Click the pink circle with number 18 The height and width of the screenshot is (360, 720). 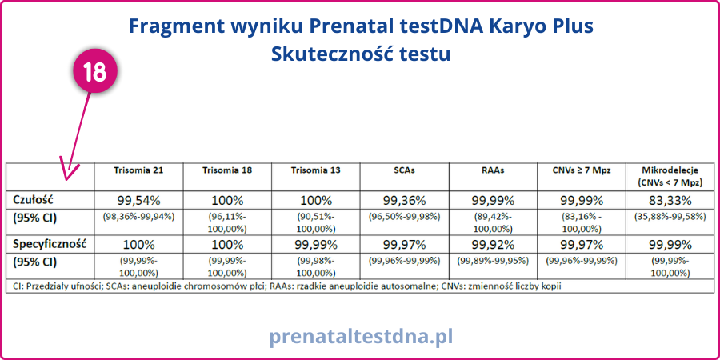click(95, 72)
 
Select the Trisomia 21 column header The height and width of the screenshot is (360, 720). click(138, 170)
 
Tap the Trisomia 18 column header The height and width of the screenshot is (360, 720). click(227, 170)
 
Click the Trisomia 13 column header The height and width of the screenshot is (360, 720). click(316, 170)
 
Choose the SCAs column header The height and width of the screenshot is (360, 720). click(405, 170)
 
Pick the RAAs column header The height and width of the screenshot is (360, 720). click(493, 170)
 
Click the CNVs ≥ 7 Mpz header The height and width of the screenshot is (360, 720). click(582, 170)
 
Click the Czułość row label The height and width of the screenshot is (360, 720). click(31, 200)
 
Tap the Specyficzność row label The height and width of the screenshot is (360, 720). click(50, 244)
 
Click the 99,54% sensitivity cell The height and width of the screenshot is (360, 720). click(138, 201)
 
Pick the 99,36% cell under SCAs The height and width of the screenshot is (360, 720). click(405, 201)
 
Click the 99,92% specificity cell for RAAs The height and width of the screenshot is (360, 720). click(493, 245)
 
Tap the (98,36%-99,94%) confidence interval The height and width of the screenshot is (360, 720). click(138, 217)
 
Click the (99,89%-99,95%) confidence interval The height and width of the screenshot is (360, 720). click(493, 261)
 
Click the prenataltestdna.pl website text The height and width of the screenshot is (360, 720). click(361, 336)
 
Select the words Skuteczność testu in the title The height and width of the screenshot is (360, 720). click(361, 54)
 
